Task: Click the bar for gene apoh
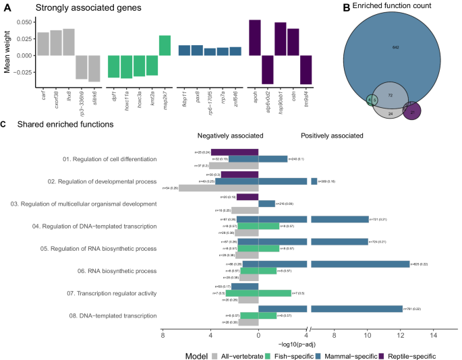[254, 38]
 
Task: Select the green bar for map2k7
[165, 45]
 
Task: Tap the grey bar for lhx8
[67, 42]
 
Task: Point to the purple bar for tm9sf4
[306, 69]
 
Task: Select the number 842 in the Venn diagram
[396, 47]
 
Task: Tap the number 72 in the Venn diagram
[390, 97]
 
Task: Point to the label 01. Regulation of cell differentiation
[109, 159]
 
